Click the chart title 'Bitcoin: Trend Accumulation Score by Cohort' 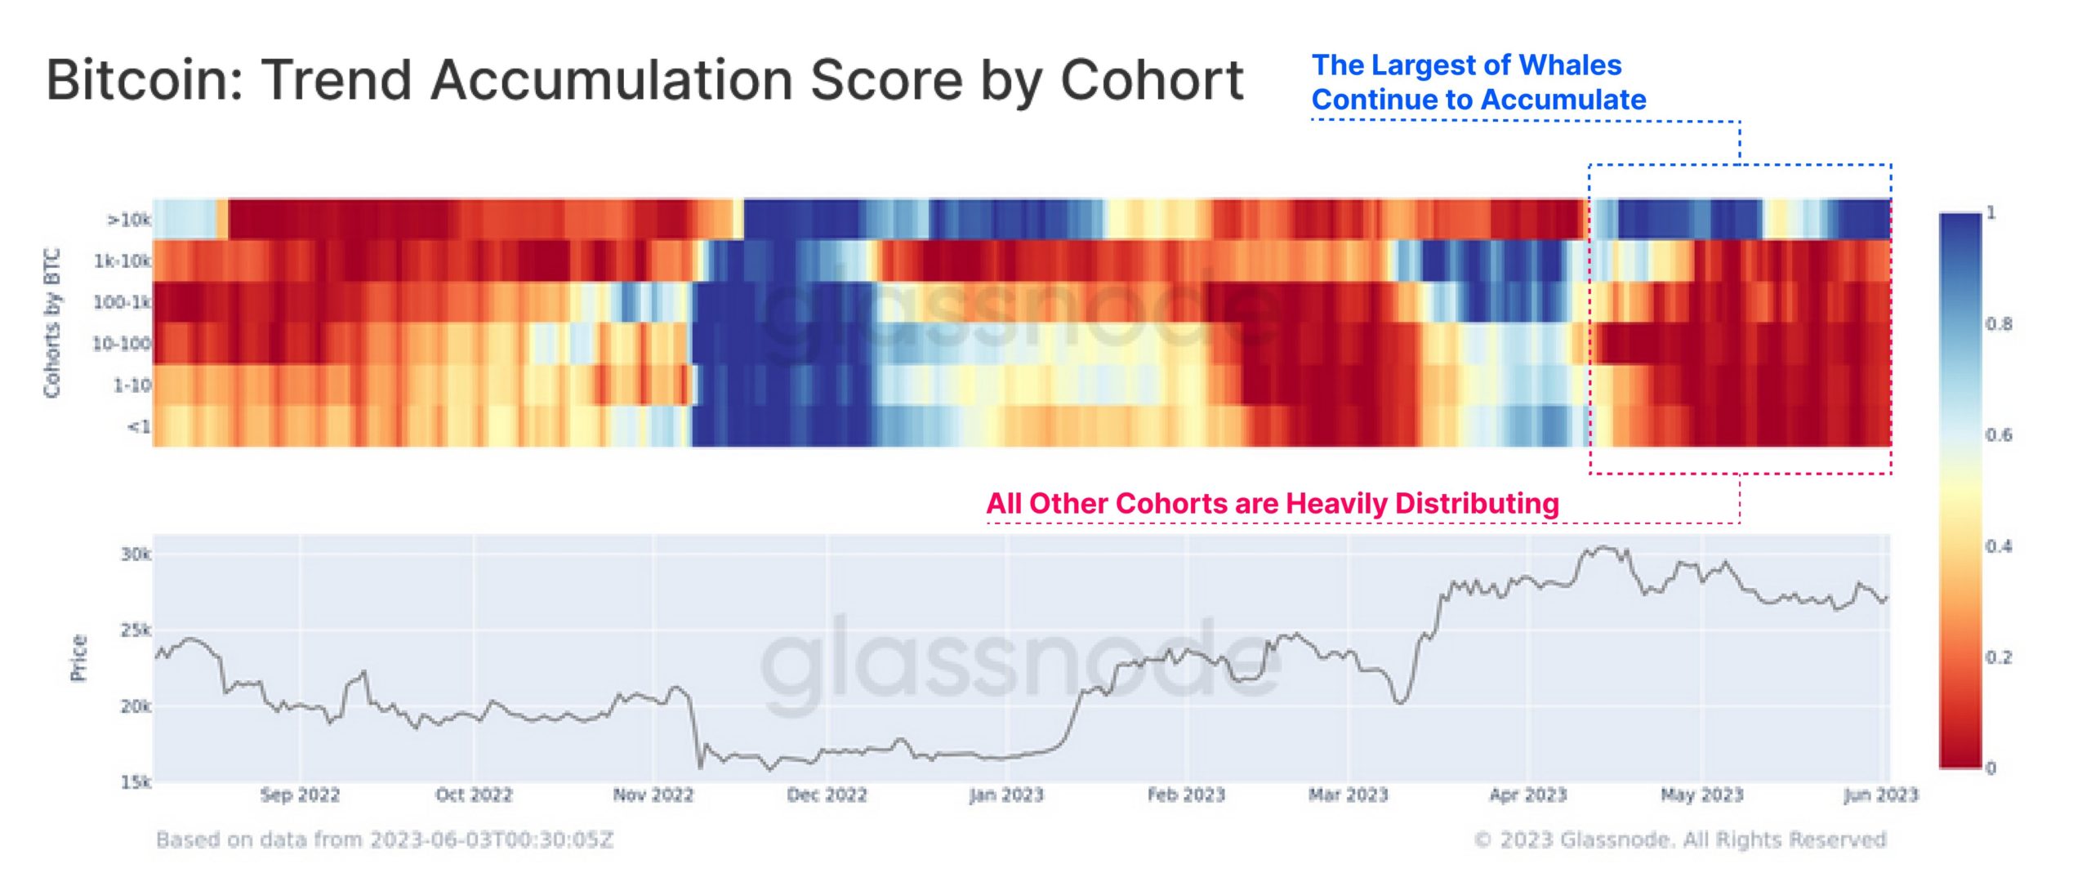[644, 80]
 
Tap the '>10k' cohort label [129, 220]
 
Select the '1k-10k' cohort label [123, 261]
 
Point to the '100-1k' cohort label [122, 303]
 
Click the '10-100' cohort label [122, 344]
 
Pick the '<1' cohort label [139, 426]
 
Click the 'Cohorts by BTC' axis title [52, 323]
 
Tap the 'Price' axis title [78, 657]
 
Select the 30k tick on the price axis [136, 554]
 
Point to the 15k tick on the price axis [136, 782]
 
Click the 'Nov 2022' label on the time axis [653, 795]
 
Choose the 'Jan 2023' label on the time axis [1005, 795]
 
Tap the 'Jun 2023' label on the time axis [1880, 795]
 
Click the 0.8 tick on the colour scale [1998, 324]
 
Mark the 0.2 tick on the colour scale [1998, 657]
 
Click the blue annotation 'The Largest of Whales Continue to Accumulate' [1478, 82]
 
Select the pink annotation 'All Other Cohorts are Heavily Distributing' [1273, 503]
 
